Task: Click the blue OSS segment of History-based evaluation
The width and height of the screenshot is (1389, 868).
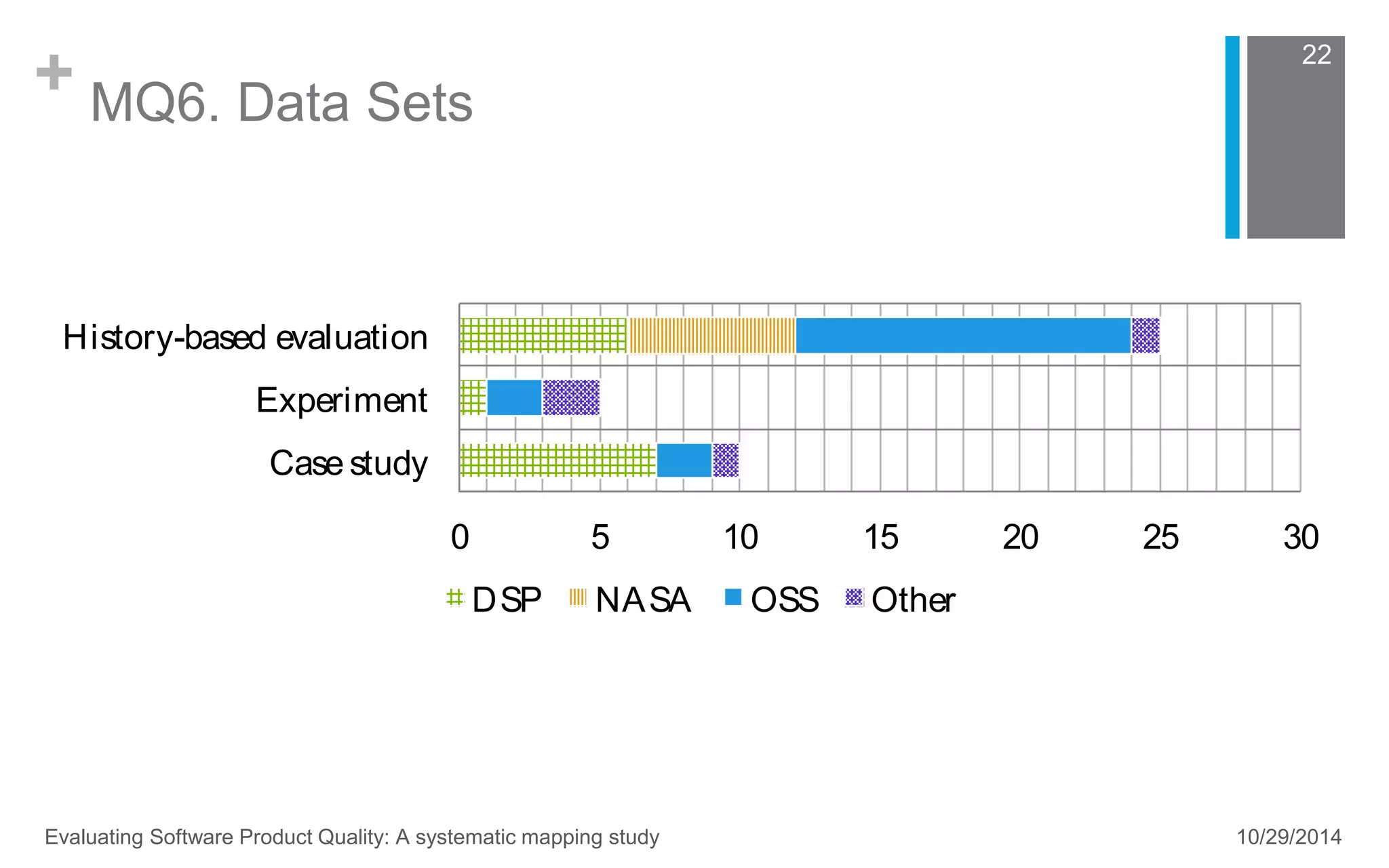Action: click(x=963, y=335)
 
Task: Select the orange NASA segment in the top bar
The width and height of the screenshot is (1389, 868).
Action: click(x=711, y=335)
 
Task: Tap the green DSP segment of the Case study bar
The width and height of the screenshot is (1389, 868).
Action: click(x=557, y=460)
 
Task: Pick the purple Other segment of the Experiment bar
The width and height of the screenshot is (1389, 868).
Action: click(x=571, y=397)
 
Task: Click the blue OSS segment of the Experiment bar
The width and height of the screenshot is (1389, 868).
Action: click(x=514, y=397)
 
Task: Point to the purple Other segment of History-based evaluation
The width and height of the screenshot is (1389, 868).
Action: click(x=1146, y=335)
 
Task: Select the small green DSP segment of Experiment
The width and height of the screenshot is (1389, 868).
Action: click(x=473, y=397)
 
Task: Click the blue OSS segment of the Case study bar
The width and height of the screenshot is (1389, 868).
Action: click(x=684, y=460)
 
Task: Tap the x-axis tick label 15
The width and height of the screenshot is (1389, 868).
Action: click(x=880, y=538)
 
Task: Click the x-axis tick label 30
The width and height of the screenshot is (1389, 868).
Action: click(x=1300, y=538)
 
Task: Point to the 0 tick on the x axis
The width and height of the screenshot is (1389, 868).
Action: click(x=460, y=538)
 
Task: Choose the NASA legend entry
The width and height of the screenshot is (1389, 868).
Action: click(x=642, y=600)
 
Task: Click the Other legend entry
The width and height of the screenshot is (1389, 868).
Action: click(x=912, y=600)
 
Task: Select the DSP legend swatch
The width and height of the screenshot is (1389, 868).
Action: click(x=454, y=598)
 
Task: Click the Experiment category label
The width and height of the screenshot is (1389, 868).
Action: click(x=341, y=400)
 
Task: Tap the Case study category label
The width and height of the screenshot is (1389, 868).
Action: click(x=348, y=463)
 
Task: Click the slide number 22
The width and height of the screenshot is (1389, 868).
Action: click(x=1316, y=55)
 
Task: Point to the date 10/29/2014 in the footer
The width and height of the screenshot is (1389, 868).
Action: click(x=1289, y=837)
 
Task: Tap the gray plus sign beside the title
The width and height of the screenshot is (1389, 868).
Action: click(x=54, y=73)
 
